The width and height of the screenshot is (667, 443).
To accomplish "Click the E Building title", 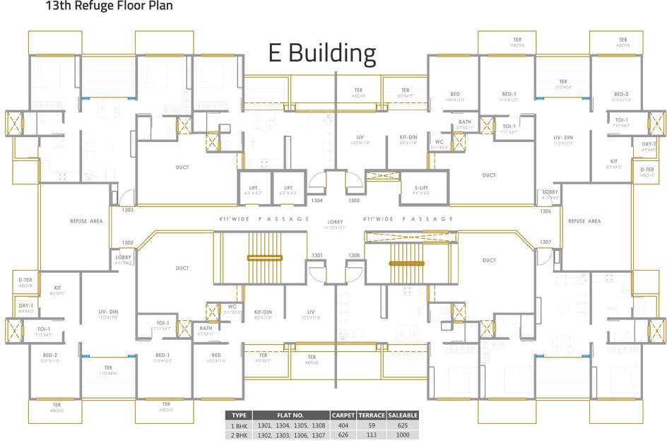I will [x=321, y=53].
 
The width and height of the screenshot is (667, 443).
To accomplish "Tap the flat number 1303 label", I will [x=128, y=210].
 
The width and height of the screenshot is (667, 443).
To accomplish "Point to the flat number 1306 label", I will [x=545, y=211].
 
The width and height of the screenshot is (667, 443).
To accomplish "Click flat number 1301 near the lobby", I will [x=317, y=255].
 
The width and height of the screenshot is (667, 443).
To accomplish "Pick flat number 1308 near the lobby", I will [x=353, y=255].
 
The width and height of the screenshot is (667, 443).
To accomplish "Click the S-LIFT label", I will [x=421, y=188].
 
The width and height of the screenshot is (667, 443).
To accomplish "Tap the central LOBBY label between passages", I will [x=335, y=223].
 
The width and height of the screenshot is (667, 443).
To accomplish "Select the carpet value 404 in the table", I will [x=343, y=426].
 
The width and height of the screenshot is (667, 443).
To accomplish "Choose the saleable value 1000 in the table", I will [x=403, y=436].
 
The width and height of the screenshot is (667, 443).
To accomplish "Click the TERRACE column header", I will [x=372, y=415].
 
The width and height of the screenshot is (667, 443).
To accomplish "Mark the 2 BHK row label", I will [x=238, y=436].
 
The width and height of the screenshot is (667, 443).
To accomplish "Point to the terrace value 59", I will [x=372, y=426].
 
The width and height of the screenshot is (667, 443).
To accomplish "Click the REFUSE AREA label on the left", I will [x=87, y=221].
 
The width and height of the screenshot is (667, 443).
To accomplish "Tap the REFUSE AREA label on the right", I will [x=584, y=221].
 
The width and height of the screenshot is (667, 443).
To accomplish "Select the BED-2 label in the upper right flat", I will [x=621, y=94].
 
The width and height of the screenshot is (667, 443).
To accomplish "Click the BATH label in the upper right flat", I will [x=464, y=122].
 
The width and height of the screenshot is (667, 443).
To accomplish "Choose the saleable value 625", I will [x=403, y=426].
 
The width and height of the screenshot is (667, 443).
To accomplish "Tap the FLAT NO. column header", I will [x=290, y=415].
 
